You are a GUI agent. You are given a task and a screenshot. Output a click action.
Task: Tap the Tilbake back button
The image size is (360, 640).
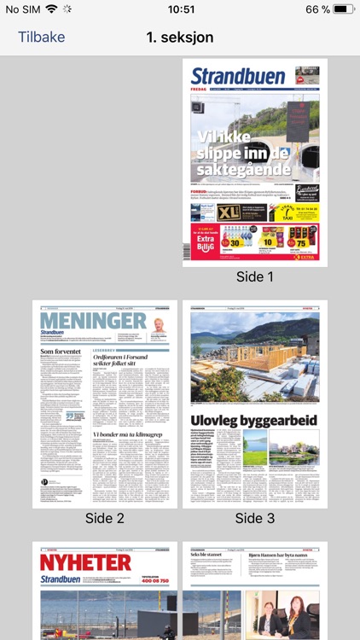tap(41, 37)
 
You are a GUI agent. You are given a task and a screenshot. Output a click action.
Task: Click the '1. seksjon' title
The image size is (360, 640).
tap(180, 37)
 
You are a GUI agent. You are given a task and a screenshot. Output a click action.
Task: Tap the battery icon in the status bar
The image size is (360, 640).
tap(343, 9)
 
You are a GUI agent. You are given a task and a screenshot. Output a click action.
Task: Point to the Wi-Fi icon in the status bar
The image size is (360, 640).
tap(51, 9)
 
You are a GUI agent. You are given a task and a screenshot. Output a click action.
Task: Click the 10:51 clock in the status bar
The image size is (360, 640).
tap(180, 9)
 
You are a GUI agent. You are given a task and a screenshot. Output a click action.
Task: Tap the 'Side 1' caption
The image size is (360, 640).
tap(255, 276)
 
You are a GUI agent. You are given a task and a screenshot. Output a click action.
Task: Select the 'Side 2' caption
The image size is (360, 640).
tap(105, 518)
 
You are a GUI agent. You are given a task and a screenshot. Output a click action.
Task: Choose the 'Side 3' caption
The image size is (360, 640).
tap(255, 518)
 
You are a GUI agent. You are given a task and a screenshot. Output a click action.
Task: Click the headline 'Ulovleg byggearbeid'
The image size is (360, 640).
tap(255, 420)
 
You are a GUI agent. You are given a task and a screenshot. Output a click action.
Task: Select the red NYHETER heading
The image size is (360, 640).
tap(85, 562)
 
